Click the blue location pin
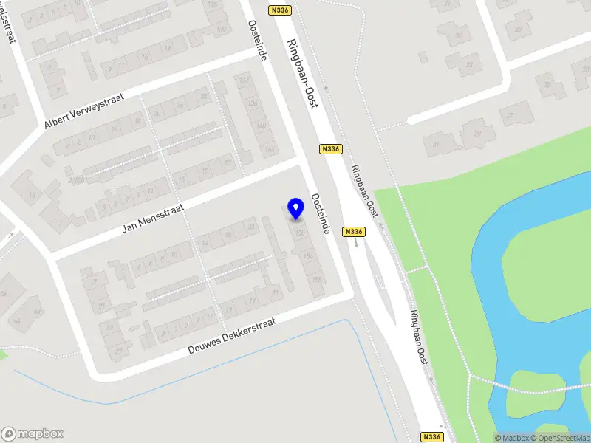click(295, 208)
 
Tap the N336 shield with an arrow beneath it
click(355, 232)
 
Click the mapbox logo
click(33, 433)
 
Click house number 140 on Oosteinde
click(260, 126)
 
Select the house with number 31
click(436, 144)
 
